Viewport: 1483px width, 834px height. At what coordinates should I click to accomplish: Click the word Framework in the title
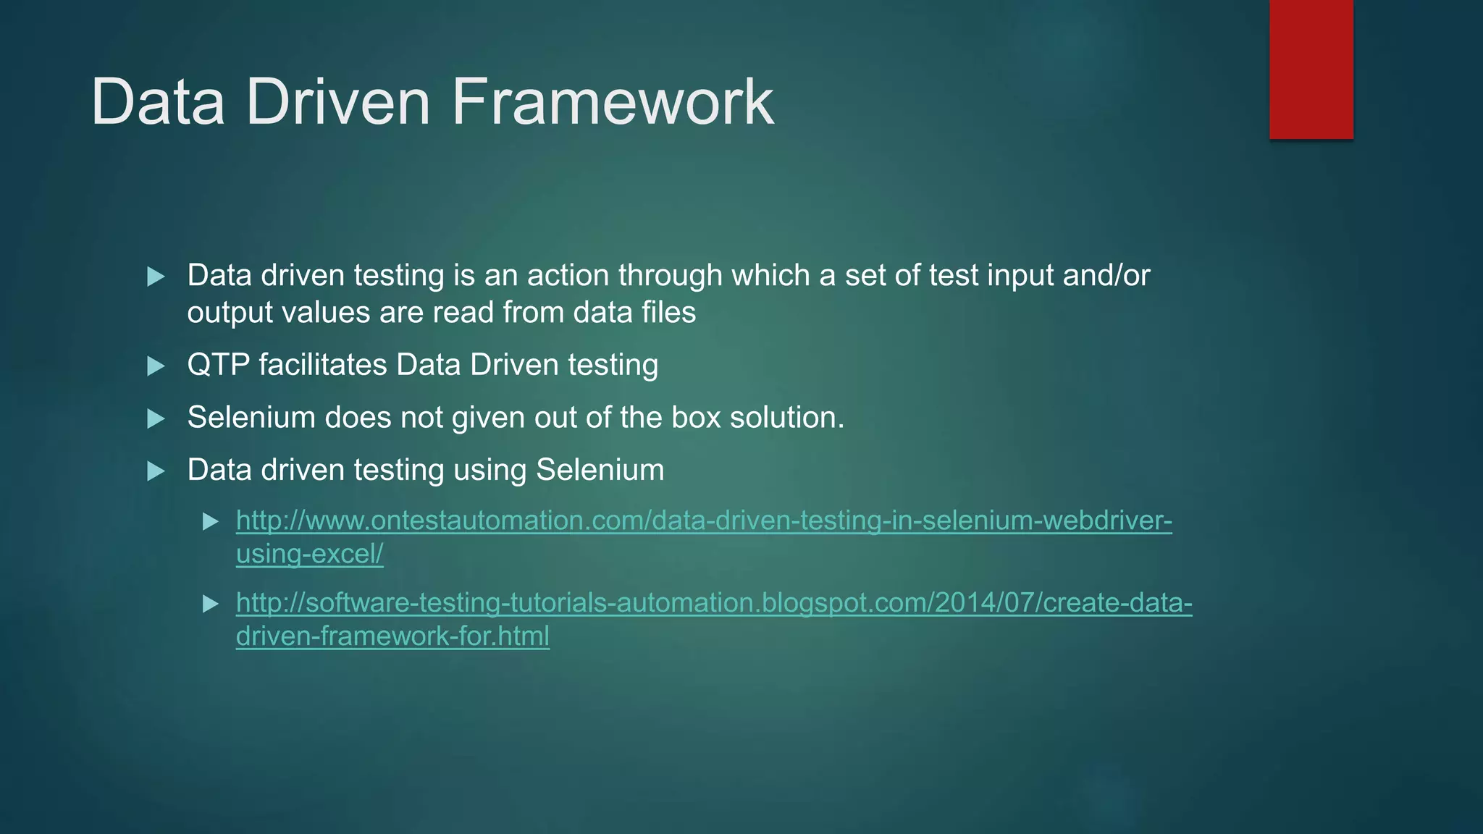tap(613, 102)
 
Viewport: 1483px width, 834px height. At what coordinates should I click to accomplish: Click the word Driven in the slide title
tap(338, 102)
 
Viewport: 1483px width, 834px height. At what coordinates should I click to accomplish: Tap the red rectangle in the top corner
tap(1311, 69)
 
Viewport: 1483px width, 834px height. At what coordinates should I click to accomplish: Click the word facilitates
tap(323, 365)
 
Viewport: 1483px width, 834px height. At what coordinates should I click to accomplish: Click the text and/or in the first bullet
tap(1106, 276)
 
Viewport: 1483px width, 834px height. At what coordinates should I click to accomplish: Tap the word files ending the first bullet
tap(668, 313)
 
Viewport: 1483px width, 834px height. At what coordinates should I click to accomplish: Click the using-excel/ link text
tap(309, 554)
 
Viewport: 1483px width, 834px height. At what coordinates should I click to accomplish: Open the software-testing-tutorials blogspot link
tap(714, 602)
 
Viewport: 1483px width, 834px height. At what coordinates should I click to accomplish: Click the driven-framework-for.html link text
tap(392, 636)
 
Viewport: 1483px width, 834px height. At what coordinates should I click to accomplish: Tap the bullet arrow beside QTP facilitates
tap(156, 366)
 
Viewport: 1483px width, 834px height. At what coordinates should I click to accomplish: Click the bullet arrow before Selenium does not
tap(156, 418)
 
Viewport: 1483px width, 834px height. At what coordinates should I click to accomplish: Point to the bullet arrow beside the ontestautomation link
tap(211, 521)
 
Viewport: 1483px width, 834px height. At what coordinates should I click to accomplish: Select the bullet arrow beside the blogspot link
tap(211, 603)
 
